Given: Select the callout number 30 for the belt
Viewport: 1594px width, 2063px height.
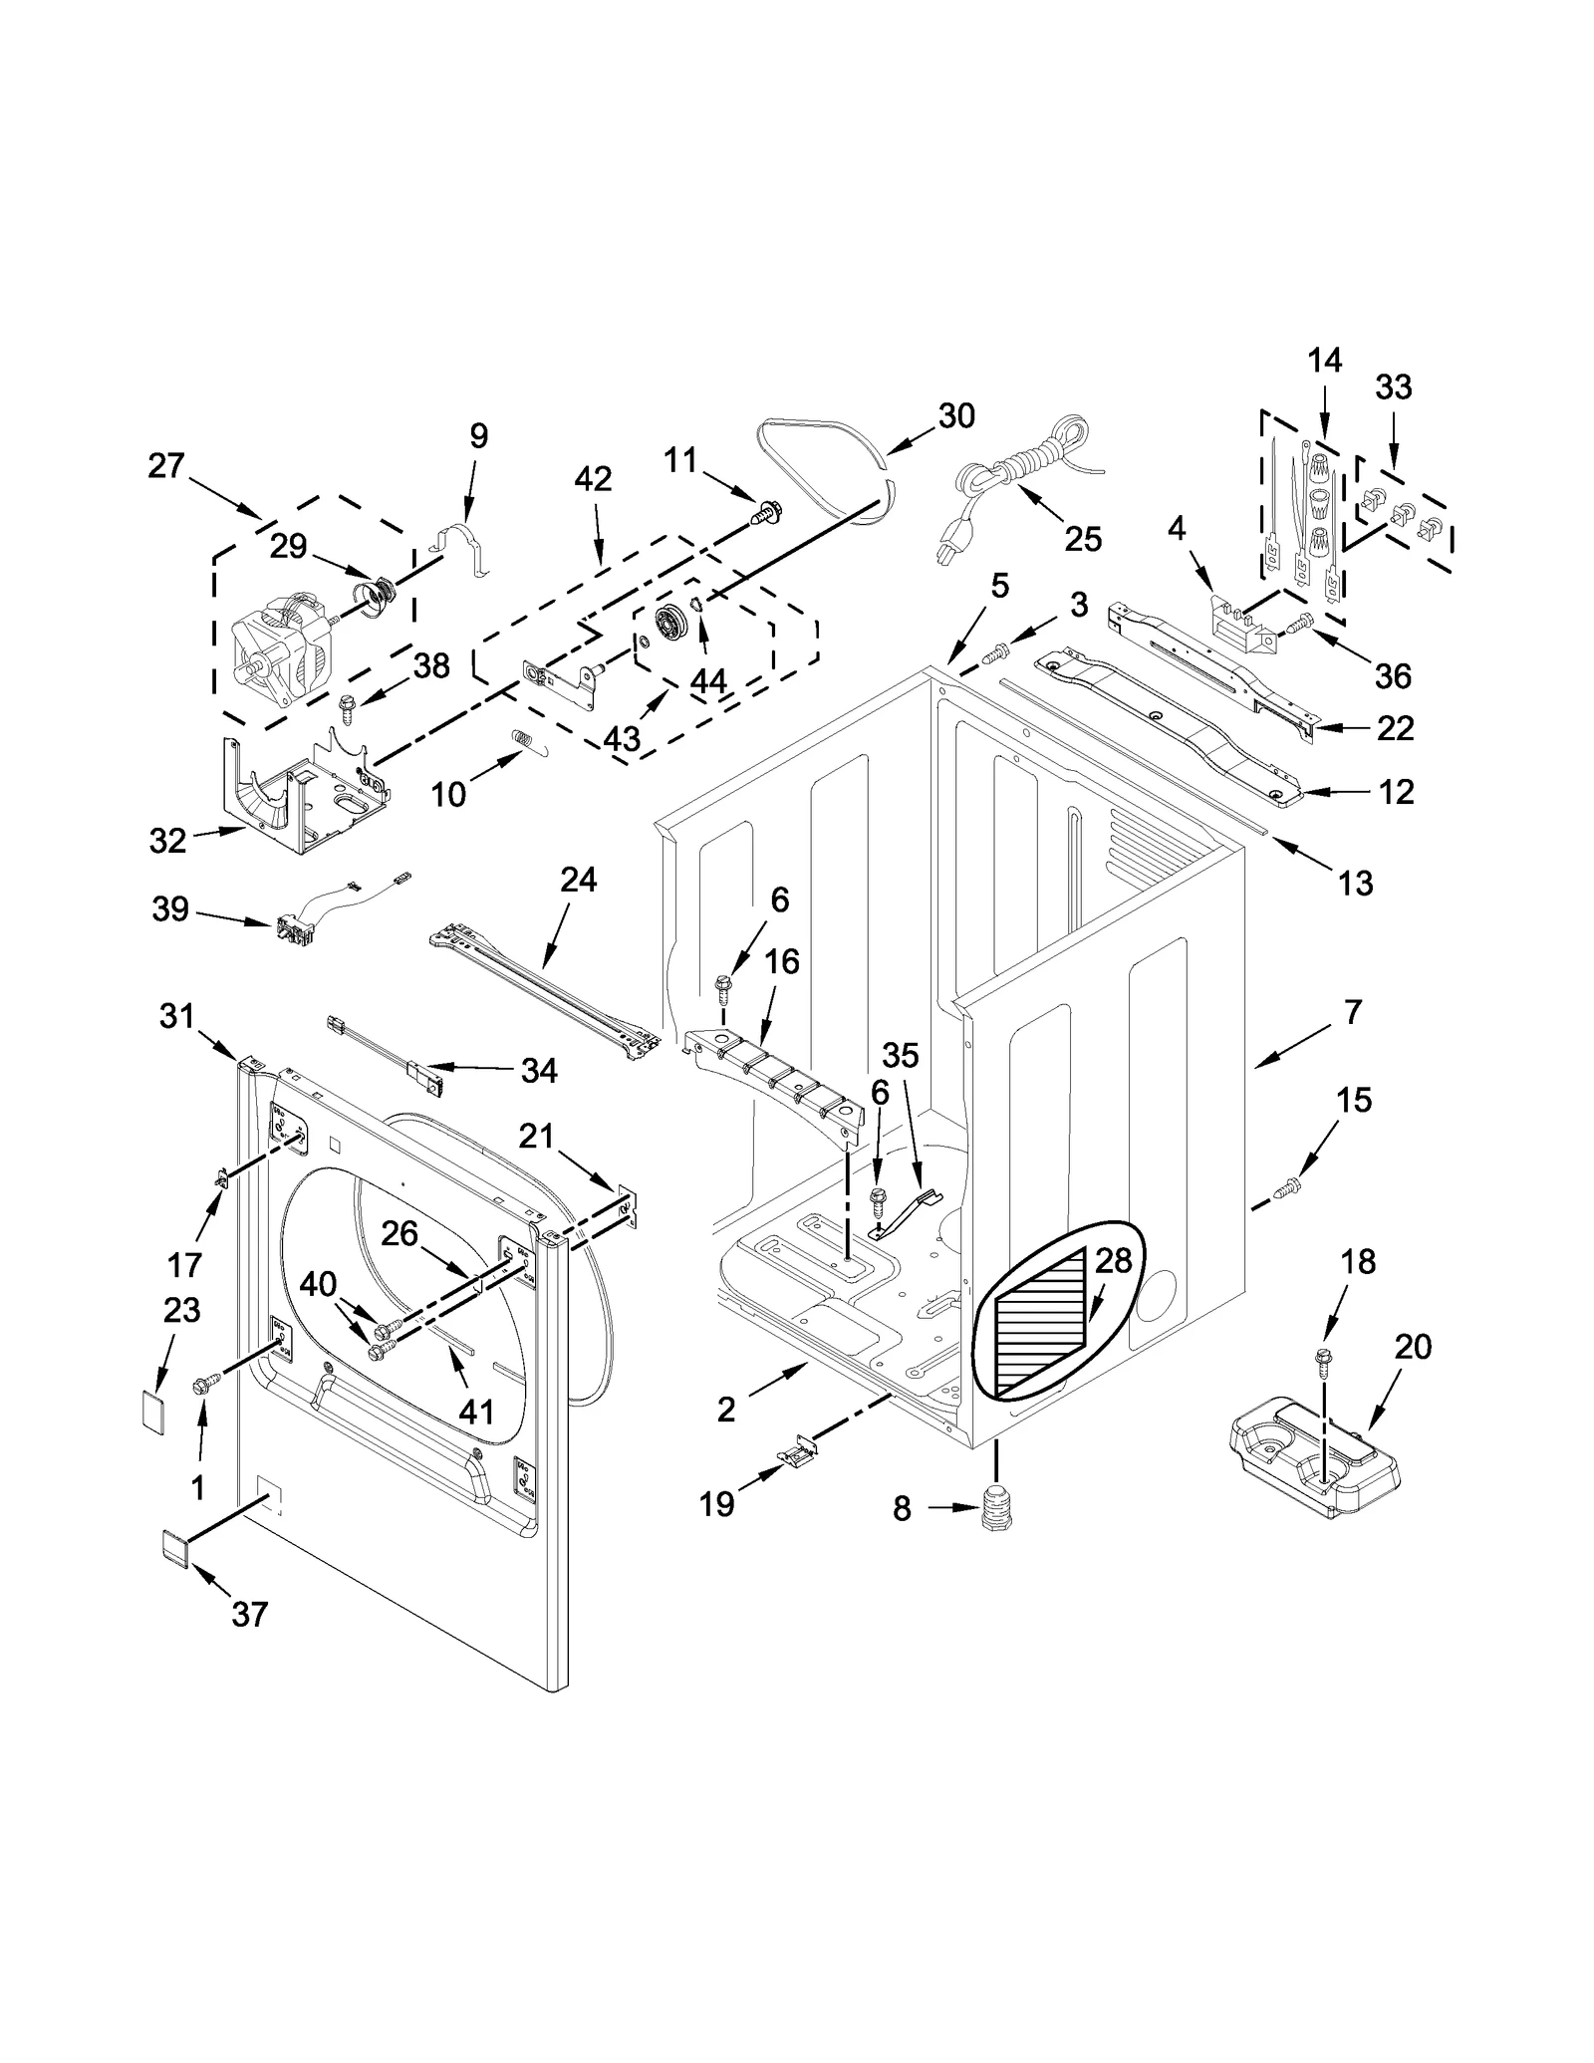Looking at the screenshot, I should (955, 415).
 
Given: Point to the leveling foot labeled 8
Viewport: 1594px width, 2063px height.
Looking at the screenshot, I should (995, 1508).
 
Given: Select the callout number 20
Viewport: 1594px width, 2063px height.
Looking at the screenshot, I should (1413, 1347).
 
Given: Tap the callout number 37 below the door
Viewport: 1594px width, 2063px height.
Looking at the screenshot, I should (249, 1614).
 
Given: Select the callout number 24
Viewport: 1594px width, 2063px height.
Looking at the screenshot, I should (578, 880).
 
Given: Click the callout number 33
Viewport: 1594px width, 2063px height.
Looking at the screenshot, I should (1393, 387).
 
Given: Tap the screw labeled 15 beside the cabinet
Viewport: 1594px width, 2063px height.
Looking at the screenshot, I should (1288, 1185).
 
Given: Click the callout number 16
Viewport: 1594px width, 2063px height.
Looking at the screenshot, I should (782, 962).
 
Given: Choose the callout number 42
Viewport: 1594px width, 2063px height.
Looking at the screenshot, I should (593, 479).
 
